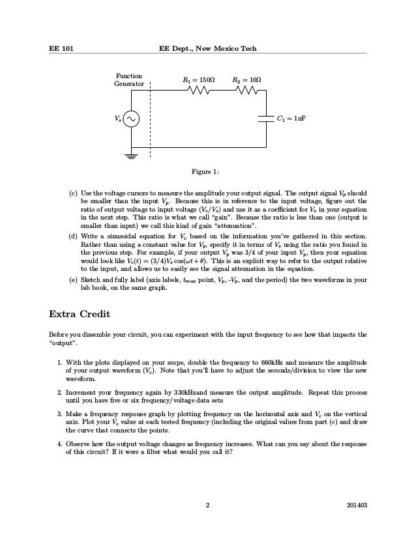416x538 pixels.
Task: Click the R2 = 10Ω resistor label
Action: tap(246, 81)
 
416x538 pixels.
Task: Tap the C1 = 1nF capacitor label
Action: tap(291, 119)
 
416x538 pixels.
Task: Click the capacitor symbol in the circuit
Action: tap(266, 119)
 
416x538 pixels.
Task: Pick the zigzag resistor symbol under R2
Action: tap(246, 92)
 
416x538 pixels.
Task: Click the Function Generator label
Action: tap(128, 80)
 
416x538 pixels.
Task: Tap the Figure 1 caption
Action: tap(205, 172)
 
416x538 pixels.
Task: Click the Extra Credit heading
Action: tap(80, 314)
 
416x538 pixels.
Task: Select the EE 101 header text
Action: tap(61, 49)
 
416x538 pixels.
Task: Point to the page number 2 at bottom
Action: tap(207, 504)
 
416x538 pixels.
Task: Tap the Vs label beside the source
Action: tap(117, 119)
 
